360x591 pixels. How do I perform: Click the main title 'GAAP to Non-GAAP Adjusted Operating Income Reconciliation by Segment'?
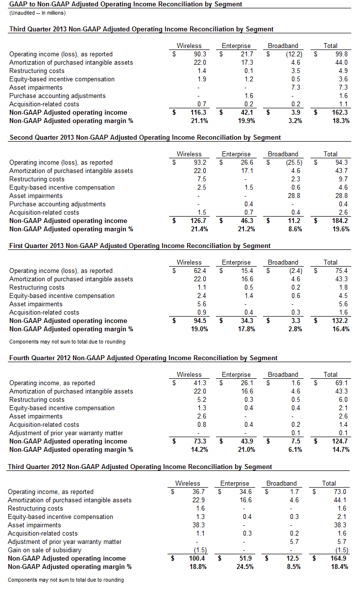click(125, 4)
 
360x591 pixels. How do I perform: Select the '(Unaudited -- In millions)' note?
click(37, 13)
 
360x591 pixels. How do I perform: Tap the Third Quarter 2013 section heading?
click(141, 29)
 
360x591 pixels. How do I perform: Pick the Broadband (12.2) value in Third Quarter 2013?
click(293, 54)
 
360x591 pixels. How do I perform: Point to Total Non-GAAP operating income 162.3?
click(339, 113)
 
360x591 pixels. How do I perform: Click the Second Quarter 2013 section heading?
click(145, 138)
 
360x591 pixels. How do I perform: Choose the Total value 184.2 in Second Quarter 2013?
click(339, 221)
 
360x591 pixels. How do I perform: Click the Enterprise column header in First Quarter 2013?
click(236, 263)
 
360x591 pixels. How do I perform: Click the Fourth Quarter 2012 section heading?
click(143, 358)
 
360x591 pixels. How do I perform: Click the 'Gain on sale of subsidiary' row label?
click(47, 550)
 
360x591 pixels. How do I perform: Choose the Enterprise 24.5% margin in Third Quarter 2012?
click(242, 567)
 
